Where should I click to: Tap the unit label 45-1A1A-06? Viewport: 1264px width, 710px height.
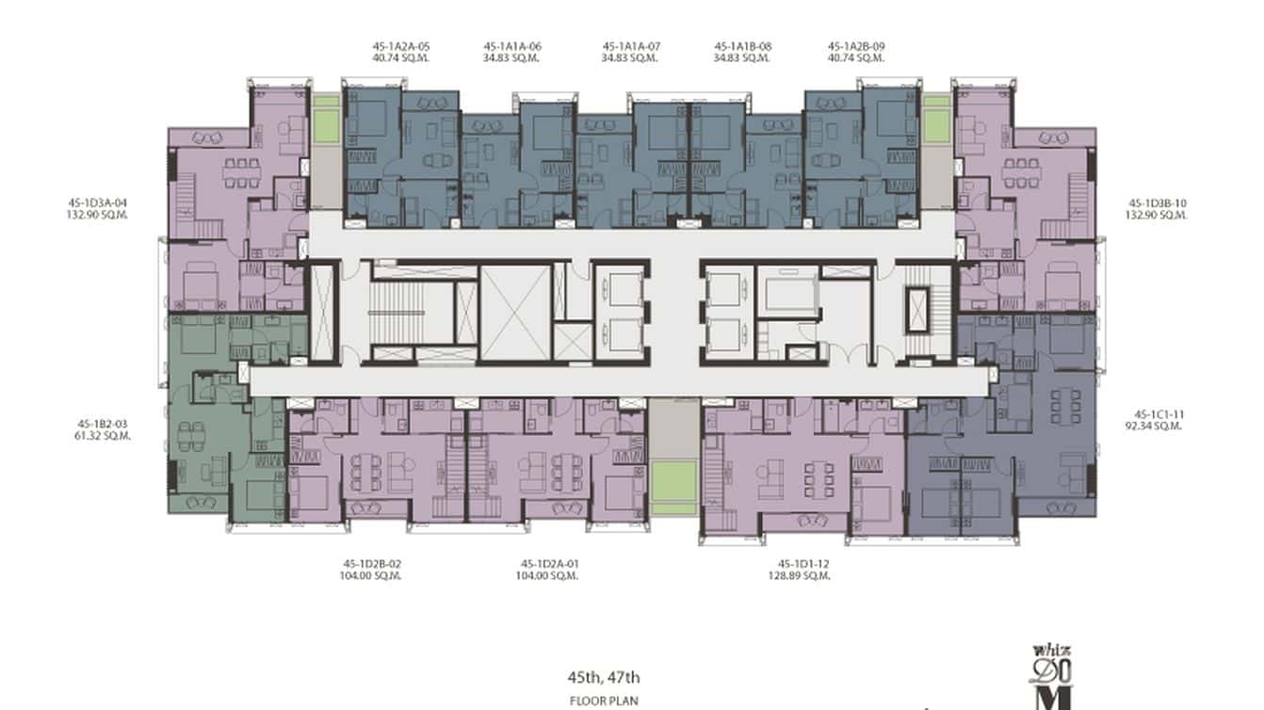coord(512,45)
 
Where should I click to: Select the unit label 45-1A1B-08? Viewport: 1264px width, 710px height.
coord(742,45)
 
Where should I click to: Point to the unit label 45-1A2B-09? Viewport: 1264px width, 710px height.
coord(855,45)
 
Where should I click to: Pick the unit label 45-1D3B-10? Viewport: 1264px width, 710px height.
coord(1158,202)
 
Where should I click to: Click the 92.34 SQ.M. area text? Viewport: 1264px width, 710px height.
coord(1158,426)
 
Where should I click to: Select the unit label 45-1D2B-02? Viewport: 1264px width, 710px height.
coord(373,564)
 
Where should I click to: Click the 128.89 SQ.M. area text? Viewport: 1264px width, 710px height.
coord(799,576)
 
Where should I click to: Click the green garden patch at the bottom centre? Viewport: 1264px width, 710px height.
coord(675,487)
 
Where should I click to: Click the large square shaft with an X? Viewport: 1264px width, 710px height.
coord(515,313)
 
